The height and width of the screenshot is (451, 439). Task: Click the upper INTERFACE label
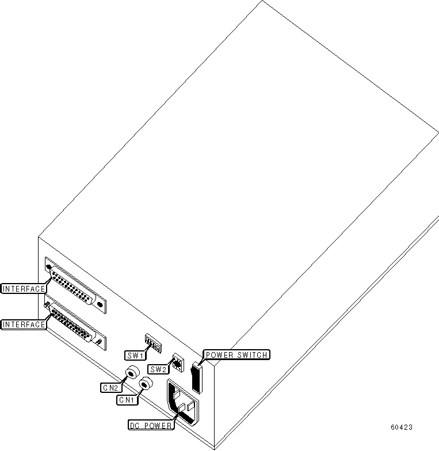[24, 288]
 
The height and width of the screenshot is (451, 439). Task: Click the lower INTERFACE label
[24, 324]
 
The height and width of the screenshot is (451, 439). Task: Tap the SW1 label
[133, 355]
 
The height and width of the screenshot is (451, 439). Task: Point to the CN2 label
[110, 388]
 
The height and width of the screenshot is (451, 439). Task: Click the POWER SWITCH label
[236, 355]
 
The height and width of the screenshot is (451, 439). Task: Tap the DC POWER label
[151, 426]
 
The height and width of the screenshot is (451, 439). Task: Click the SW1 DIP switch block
[152, 345]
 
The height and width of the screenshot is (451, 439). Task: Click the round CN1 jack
[146, 384]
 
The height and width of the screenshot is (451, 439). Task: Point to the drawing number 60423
[401, 427]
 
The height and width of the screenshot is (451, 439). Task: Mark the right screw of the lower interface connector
[100, 342]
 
